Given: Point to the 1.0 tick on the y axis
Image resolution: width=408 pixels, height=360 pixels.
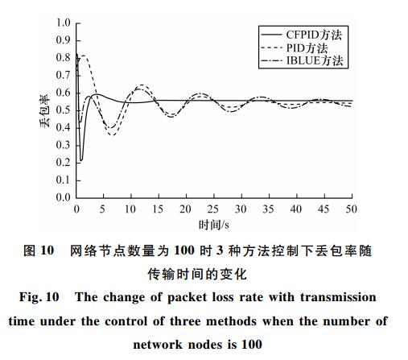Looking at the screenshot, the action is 63,23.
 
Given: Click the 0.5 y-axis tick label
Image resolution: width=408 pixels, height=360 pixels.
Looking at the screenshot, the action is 63,110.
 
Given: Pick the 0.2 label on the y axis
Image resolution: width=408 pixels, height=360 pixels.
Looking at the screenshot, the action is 63,163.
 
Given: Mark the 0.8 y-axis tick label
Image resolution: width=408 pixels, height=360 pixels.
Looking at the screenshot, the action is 63,58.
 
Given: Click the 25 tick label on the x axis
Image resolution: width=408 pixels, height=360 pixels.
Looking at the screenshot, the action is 213,209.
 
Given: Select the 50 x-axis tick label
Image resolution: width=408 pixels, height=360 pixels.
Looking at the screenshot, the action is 351,209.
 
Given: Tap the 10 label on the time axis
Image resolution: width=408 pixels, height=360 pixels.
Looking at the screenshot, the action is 130,209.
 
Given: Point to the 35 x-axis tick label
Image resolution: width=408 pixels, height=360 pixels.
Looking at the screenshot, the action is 268,209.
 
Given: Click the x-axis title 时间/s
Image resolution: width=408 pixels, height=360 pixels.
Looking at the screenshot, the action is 214,225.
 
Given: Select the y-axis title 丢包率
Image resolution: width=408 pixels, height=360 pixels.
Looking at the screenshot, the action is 45,110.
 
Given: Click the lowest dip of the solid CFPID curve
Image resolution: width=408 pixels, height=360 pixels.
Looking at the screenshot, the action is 81,160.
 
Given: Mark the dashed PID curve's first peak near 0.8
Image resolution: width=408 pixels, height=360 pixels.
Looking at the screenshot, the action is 84,56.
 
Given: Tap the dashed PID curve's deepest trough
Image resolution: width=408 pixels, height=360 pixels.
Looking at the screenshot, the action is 112,135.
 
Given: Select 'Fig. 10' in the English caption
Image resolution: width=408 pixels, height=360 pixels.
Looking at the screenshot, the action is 39,297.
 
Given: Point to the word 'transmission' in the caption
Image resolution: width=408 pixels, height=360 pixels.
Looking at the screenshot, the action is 338,297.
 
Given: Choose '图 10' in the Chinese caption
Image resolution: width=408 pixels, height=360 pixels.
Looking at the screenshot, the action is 39,250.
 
